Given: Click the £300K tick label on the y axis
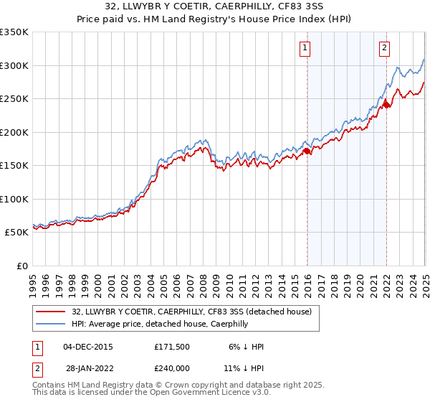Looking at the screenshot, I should point(14,65).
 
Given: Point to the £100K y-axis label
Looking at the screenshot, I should point(14,199).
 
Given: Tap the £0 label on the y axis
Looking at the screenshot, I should point(21,266).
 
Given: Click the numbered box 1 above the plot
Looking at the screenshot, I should point(305,48).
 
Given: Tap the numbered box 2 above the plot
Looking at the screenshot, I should point(384,48).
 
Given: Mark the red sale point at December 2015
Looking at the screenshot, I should point(307,151).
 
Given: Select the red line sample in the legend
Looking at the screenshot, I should point(52,312).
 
